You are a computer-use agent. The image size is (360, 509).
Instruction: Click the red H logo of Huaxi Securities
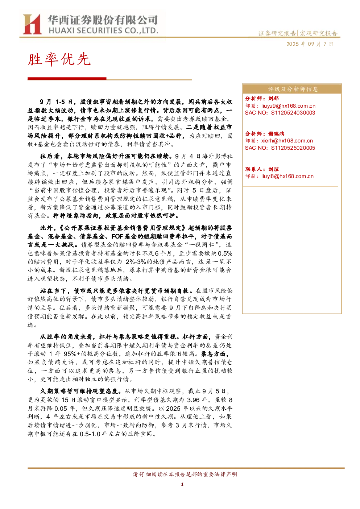click(x=32, y=24)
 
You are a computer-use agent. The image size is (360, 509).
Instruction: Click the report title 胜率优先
click(x=59, y=59)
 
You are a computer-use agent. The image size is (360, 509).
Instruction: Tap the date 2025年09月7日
click(x=310, y=44)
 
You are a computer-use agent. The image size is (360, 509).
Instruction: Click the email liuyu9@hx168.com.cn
click(x=288, y=106)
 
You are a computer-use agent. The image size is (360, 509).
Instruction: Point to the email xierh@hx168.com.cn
click(x=287, y=141)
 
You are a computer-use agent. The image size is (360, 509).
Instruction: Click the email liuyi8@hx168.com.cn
click(x=287, y=176)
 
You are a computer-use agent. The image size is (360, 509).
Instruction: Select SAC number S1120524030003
click(x=293, y=113)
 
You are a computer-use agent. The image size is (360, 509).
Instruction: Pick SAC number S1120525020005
click(x=293, y=148)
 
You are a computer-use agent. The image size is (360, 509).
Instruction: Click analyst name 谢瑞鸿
click(x=276, y=134)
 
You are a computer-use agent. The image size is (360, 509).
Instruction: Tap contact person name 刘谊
click(x=273, y=169)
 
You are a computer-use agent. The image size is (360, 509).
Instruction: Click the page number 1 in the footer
click(x=182, y=485)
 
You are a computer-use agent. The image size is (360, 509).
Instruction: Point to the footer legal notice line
click(x=185, y=474)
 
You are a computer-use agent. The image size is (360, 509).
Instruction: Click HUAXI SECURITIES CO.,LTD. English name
click(x=103, y=31)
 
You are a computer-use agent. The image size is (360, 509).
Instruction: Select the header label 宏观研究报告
click(x=319, y=33)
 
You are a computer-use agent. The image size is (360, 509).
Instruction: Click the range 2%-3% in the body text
click(x=136, y=262)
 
